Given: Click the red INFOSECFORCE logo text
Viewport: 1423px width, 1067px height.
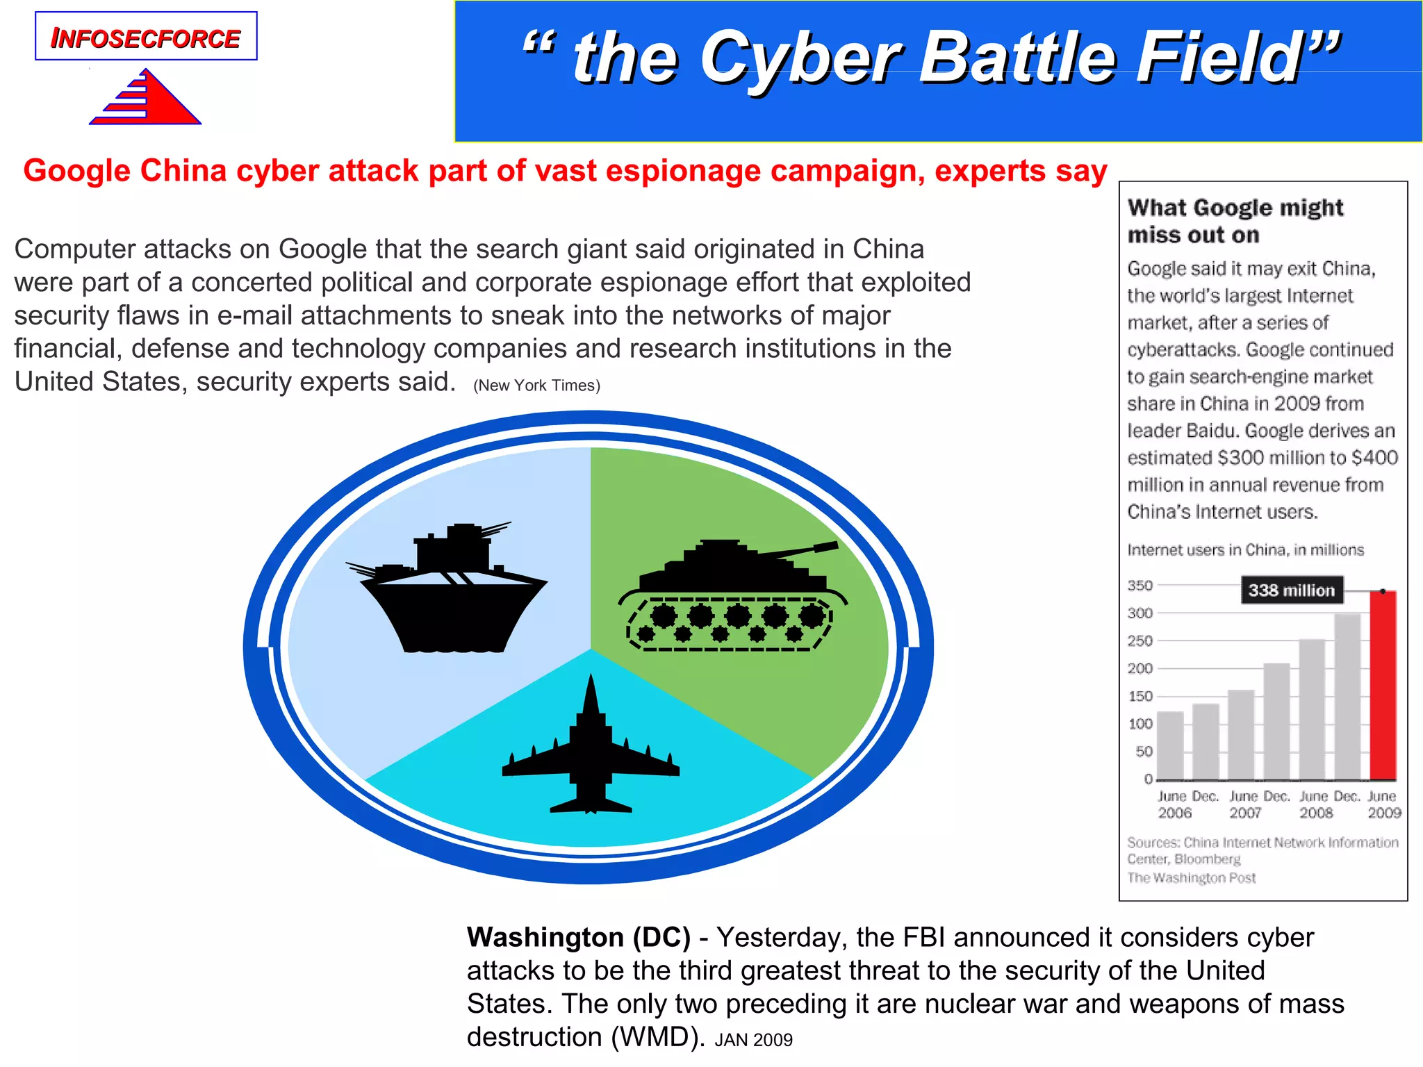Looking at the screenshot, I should click(145, 38).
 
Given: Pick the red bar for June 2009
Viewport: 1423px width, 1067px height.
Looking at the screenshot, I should click(1382, 685).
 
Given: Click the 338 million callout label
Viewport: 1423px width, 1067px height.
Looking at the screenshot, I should click(1291, 590).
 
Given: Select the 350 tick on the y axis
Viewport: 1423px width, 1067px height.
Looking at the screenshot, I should click(1140, 586).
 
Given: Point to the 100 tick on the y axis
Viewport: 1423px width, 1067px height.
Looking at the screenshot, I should click(1140, 724).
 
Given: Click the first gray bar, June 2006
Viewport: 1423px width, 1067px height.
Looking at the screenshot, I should click(1170, 745).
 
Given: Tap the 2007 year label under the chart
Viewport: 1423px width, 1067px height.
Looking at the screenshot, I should click(1244, 813).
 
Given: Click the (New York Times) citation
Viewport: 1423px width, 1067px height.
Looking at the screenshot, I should click(536, 386).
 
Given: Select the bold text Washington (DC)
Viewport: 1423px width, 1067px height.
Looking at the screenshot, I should click(578, 938).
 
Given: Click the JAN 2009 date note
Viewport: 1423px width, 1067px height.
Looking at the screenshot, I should click(753, 1040).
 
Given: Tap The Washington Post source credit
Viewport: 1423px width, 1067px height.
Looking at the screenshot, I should click(1191, 878).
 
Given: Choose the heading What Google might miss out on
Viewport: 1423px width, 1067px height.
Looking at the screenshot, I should click(1235, 221).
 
